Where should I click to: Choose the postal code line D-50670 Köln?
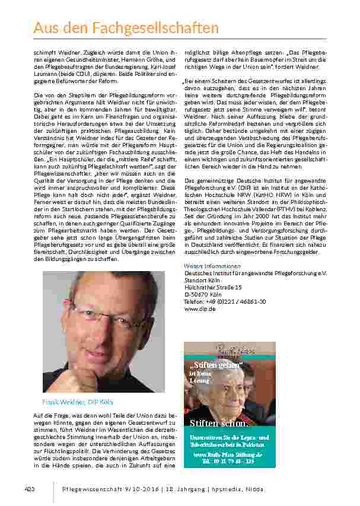pos(203,294)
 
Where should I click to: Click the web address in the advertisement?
pos(228,454)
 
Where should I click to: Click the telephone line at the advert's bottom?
pos(228,461)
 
